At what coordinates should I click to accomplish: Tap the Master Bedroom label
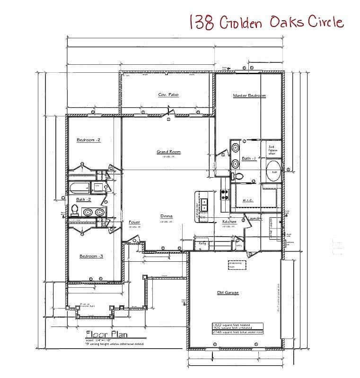coord(249,95)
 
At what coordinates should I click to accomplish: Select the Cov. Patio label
coord(168,95)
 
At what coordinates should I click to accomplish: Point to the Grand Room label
coord(169,152)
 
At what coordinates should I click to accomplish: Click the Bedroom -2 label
coord(88,140)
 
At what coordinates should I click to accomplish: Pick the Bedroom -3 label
coord(91,256)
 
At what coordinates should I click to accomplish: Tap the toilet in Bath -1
coord(238,176)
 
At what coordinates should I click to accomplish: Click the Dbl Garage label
coord(228,293)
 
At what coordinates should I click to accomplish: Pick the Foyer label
coord(134,222)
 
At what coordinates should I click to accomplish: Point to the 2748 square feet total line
coord(237,332)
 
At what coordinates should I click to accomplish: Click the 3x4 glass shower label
coord(272,150)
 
